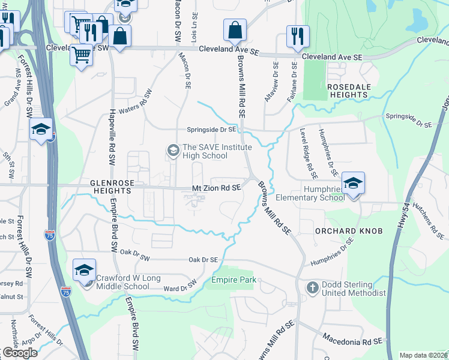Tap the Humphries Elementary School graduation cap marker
(354, 182)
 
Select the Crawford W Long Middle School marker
(85, 270)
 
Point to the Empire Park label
(234, 280)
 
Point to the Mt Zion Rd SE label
(217, 188)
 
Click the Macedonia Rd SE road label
(352, 340)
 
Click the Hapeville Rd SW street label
(112, 139)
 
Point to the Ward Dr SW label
(180, 287)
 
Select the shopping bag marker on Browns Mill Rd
(235, 29)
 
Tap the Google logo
(20, 353)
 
